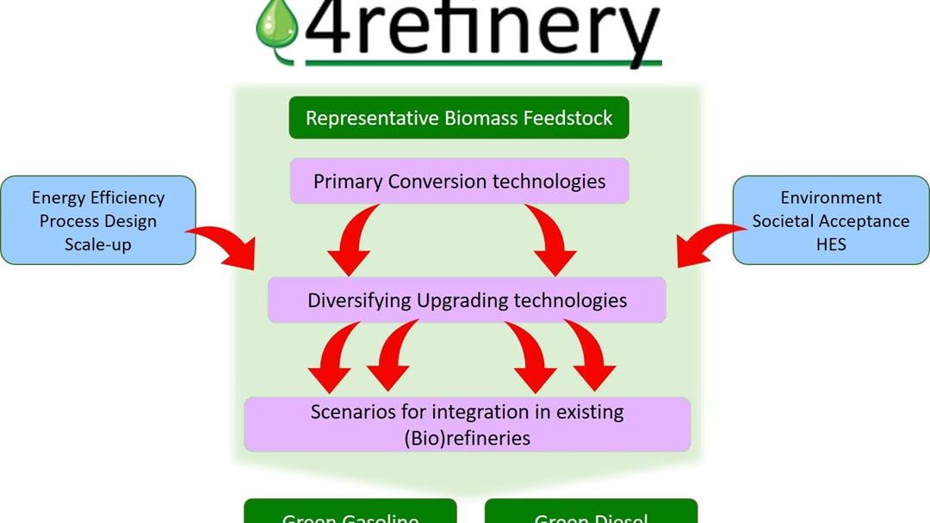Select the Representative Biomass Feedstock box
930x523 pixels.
[459, 118]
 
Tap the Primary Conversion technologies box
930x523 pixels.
[459, 182]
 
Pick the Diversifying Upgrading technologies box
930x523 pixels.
[467, 300]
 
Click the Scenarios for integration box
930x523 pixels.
[467, 424]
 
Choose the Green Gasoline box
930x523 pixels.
[350, 514]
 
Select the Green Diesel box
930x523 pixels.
[591, 514]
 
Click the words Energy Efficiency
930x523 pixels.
[98, 198]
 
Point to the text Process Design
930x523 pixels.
[98, 221]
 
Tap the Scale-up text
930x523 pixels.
[98, 243]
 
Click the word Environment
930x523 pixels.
[831, 198]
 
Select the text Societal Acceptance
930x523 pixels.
[831, 221]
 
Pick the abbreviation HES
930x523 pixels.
[831, 243]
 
